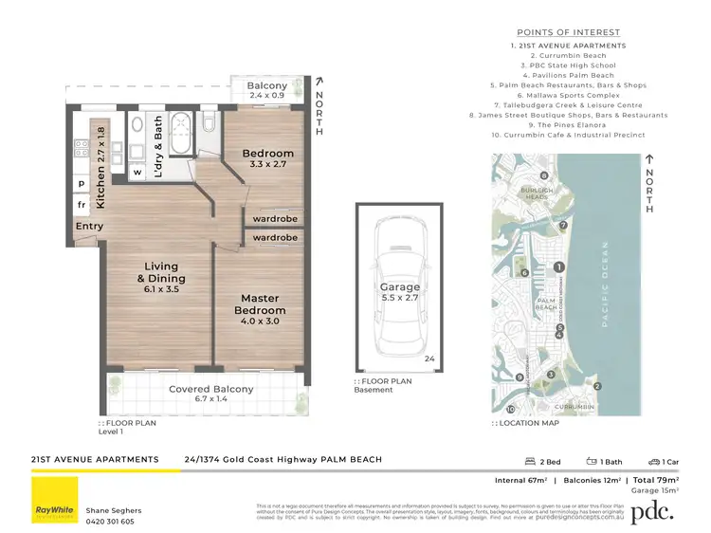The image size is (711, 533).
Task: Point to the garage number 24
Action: (x=429, y=358)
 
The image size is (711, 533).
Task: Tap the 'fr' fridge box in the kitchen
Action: (x=82, y=204)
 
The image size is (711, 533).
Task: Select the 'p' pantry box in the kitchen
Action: (x=82, y=183)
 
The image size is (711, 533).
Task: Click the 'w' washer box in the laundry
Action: (x=137, y=173)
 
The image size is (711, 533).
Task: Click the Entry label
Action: (x=90, y=227)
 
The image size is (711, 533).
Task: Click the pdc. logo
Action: (x=653, y=509)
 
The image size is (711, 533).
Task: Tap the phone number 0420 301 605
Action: (x=110, y=521)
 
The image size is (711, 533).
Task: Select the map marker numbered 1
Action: (x=559, y=267)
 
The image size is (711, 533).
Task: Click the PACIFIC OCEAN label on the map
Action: (x=605, y=285)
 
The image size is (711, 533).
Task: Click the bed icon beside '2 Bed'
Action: (x=530, y=462)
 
